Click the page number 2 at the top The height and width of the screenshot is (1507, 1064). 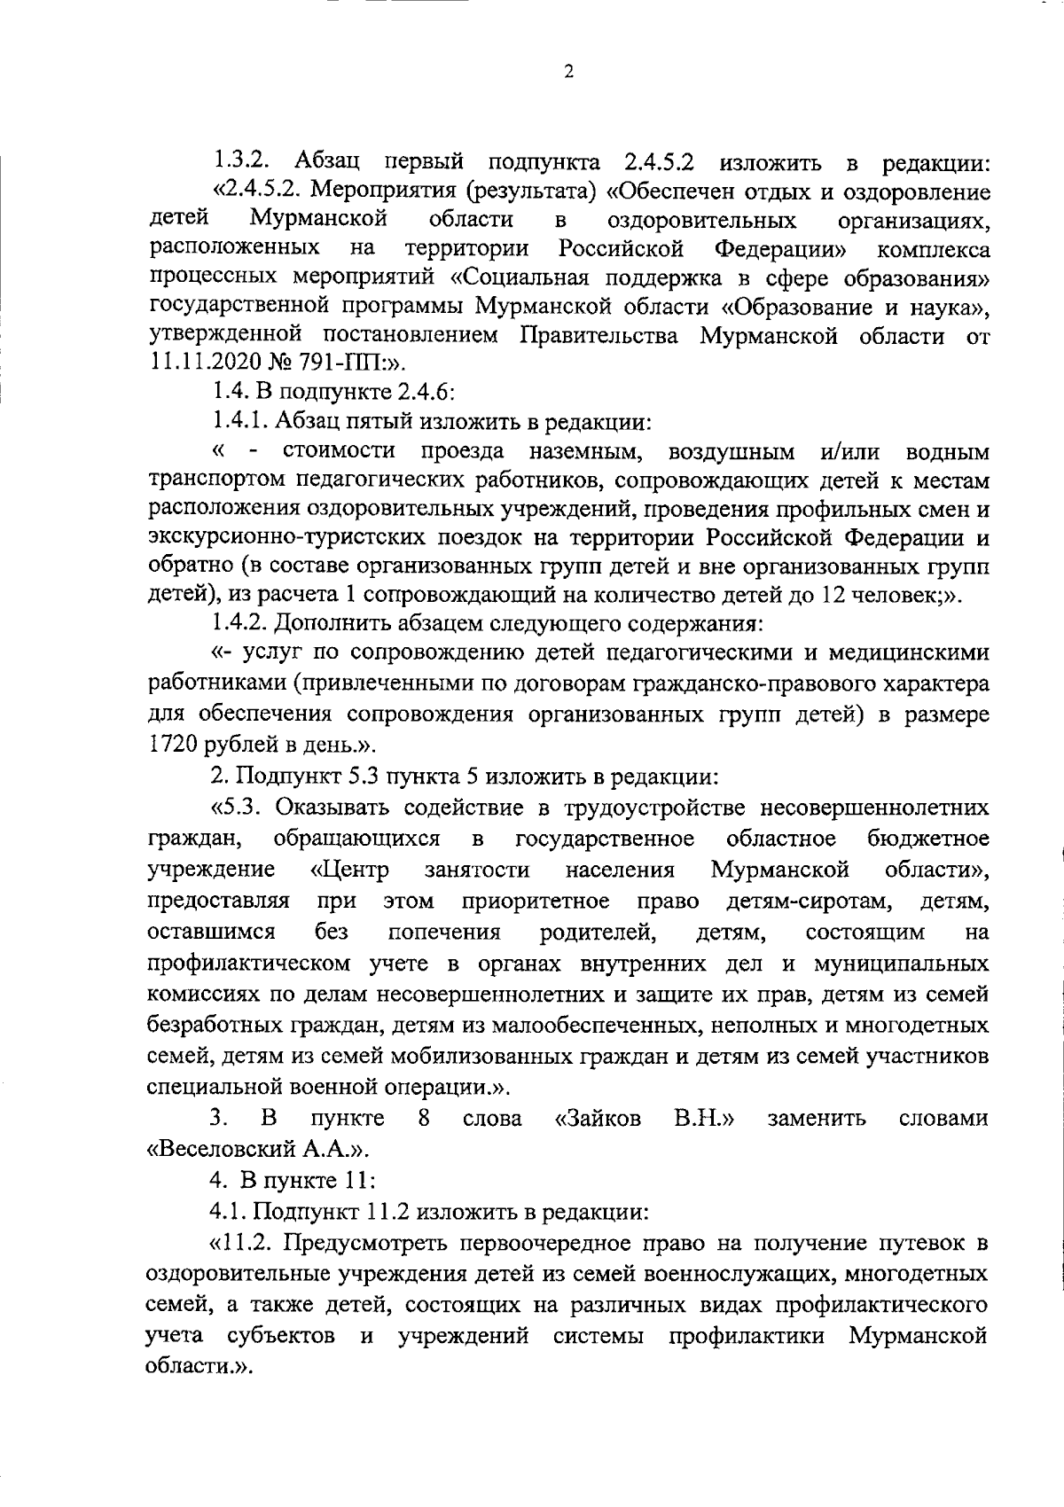[x=568, y=73]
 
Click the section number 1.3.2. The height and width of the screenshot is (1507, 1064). [x=239, y=163]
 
